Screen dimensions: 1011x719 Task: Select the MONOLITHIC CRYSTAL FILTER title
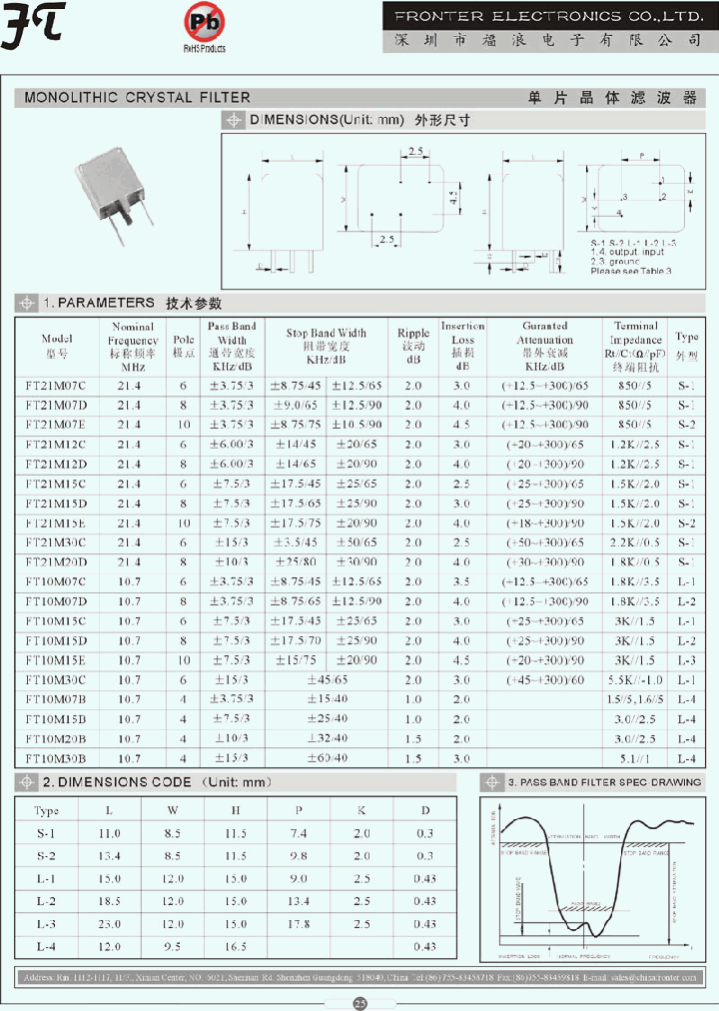(137, 98)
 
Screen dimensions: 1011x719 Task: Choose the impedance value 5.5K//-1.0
(635, 679)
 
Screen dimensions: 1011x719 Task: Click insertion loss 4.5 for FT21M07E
(461, 425)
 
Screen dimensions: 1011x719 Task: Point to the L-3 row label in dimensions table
(47, 924)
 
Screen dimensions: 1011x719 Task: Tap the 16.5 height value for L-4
(235, 946)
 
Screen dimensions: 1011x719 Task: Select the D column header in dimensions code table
(425, 811)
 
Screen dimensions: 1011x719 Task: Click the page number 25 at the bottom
(359, 1001)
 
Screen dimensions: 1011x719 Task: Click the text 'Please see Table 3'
(631, 271)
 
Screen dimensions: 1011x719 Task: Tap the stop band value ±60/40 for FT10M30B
(327, 758)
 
